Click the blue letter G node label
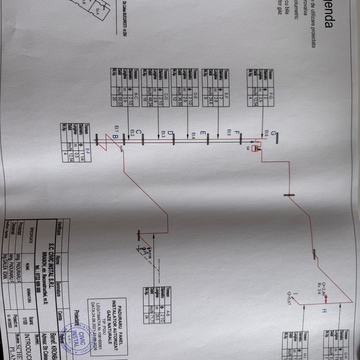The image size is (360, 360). [x=274, y=134]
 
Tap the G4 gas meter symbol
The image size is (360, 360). [x=257, y=148]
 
